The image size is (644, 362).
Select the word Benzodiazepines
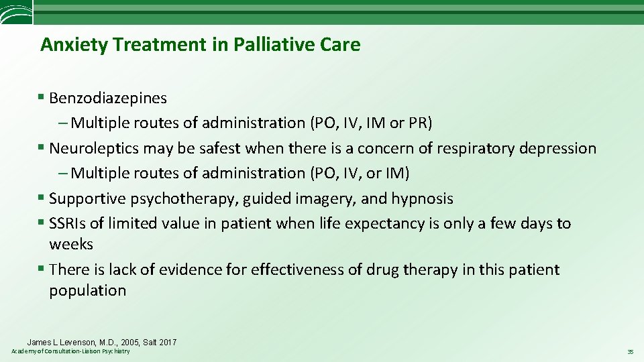[x=108, y=98]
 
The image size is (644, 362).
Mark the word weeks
[x=70, y=245]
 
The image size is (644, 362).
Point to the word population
[x=87, y=291]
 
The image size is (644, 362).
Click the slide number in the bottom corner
[x=630, y=352]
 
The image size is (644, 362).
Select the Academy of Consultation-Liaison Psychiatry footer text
[x=71, y=352]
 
